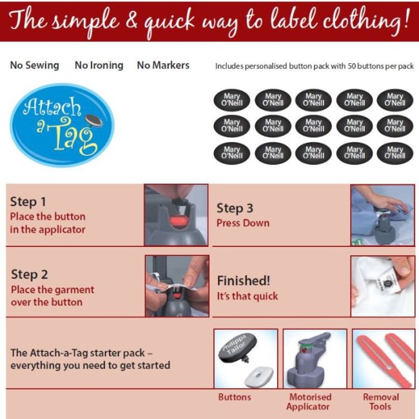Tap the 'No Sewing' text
pyautogui.click(x=34, y=65)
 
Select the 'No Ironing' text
pyautogui.click(x=99, y=65)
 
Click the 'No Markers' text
pyautogui.click(x=163, y=65)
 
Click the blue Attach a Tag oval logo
pyautogui.click(x=62, y=124)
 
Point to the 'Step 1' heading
pyautogui.click(x=28, y=202)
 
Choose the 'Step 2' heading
pyautogui.click(x=29, y=275)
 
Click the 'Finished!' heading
pyautogui.click(x=242, y=280)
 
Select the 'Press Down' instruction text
pyautogui.click(x=243, y=223)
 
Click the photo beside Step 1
pyautogui.click(x=176, y=215)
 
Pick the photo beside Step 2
pyautogui.click(x=177, y=286)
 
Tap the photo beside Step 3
pyautogui.click(x=382, y=215)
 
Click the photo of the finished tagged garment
pyautogui.click(x=382, y=286)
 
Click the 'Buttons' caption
pyautogui.click(x=235, y=397)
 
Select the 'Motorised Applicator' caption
pyautogui.click(x=309, y=402)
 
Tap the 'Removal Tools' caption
pyautogui.click(x=380, y=402)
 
